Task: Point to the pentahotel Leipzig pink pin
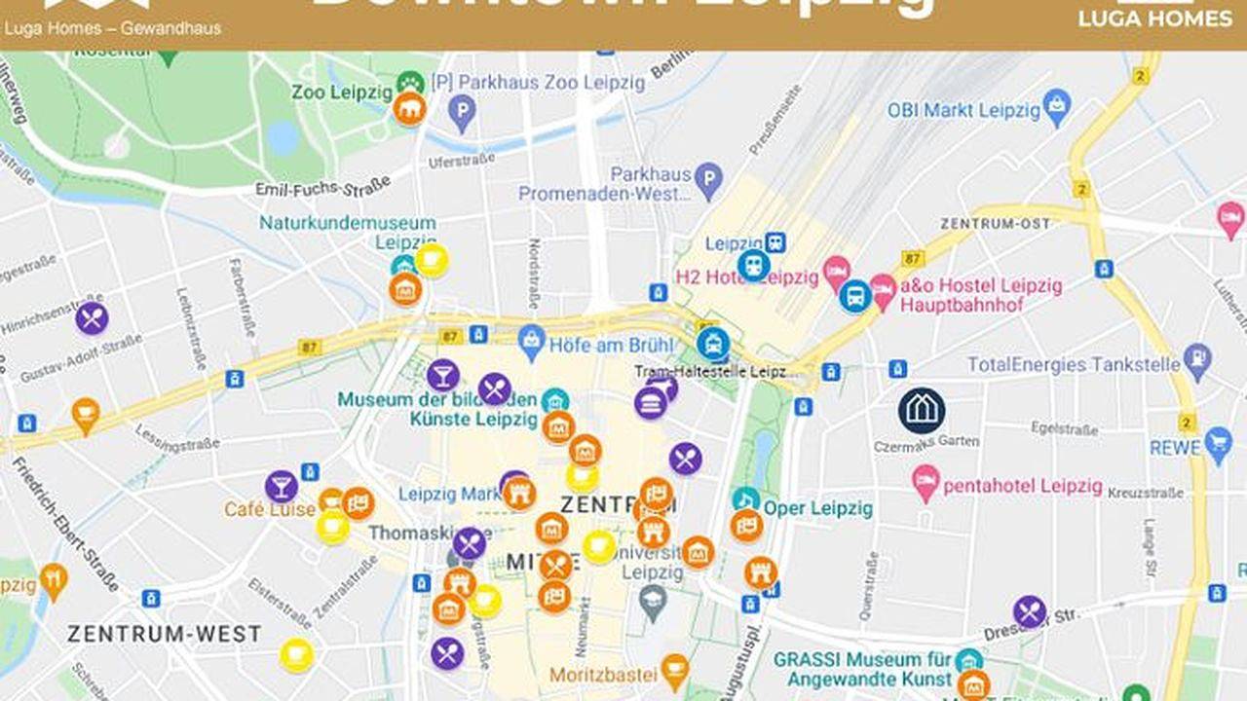pyautogui.click(x=925, y=481)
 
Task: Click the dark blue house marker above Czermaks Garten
pyautogui.click(x=922, y=411)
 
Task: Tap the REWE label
pyautogui.click(x=1175, y=448)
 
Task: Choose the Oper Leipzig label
pyautogui.click(x=818, y=508)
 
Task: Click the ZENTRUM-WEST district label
pyautogui.click(x=164, y=634)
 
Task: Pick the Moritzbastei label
pyautogui.click(x=603, y=675)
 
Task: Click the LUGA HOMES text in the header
pyautogui.click(x=1154, y=18)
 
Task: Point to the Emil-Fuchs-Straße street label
pyautogui.click(x=322, y=186)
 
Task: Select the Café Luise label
pyautogui.click(x=270, y=509)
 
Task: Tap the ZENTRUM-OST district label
pyautogui.click(x=995, y=224)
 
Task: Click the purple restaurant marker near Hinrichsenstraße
pyautogui.click(x=92, y=318)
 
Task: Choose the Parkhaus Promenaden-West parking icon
pyautogui.click(x=709, y=178)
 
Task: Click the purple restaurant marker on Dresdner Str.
pyautogui.click(x=1030, y=611)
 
